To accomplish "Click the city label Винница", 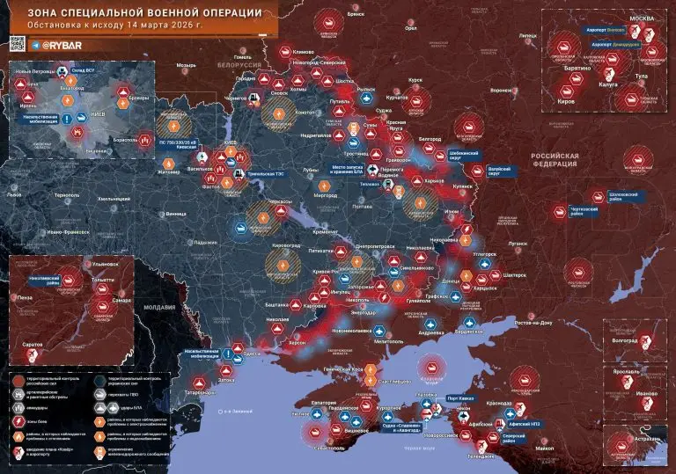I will tap(177, 213).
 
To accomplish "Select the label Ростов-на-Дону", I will tap(534, 323).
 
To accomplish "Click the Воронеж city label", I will tap(501, 90).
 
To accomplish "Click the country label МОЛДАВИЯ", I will tap(160, 306).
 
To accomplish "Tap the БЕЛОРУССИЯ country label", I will tap(241, 66).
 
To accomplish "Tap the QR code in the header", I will tap(17, 42).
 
